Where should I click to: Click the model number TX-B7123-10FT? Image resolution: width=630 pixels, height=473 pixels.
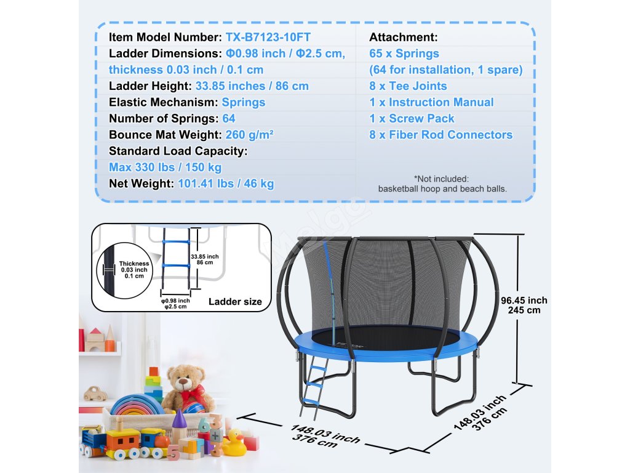[269, 37]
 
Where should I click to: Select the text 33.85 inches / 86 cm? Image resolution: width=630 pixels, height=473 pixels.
[252, 86]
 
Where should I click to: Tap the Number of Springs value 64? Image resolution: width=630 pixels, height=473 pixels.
[228, 118]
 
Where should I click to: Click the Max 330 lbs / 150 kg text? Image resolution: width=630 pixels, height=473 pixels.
[165, 167]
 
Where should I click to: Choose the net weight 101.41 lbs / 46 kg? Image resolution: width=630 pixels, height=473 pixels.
[226, 183]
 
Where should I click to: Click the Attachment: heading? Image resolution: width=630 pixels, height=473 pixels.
[403, 37]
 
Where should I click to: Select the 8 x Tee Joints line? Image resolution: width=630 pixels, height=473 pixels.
[408, 86]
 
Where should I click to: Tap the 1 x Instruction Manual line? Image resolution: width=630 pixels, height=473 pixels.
[431, 102]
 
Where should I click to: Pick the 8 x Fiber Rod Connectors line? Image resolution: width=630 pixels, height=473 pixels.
[441, 135]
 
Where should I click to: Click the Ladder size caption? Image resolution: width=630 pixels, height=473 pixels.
[235, 302]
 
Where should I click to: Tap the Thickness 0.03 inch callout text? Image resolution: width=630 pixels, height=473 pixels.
[134, 270]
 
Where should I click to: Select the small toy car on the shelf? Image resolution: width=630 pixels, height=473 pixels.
[95, 393]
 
